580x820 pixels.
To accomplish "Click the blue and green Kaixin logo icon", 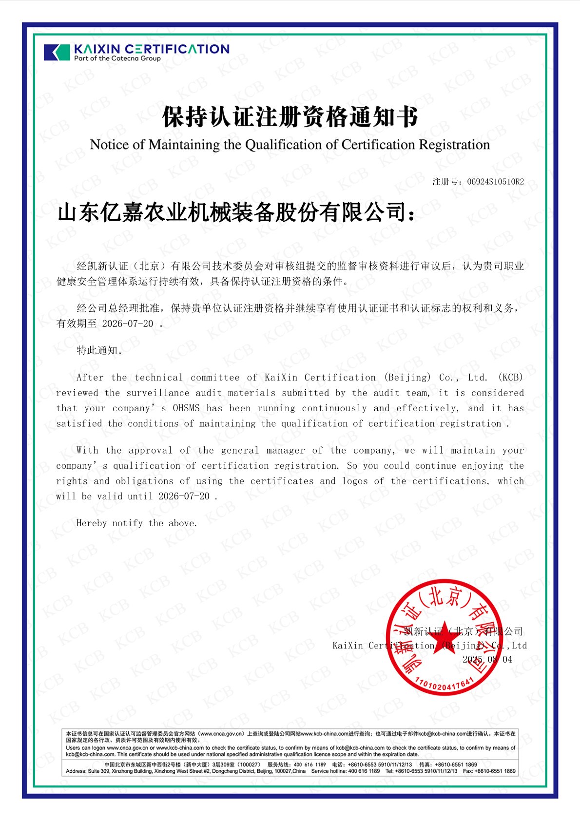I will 57,52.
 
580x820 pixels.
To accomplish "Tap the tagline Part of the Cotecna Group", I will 117,58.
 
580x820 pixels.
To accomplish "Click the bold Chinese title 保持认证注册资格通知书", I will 290,117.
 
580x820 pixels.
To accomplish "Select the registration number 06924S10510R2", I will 495,182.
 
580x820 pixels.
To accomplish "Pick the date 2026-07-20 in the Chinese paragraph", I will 127,324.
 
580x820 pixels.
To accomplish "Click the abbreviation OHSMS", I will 186,408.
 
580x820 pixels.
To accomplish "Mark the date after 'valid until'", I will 184,496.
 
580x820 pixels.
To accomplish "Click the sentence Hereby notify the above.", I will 136,523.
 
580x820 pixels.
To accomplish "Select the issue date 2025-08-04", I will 487,660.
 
